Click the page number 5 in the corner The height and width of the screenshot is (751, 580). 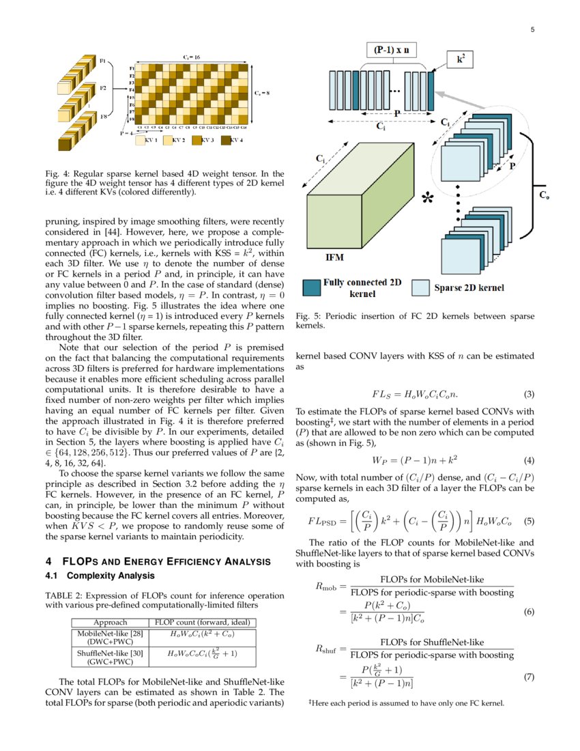[x=532, y=30]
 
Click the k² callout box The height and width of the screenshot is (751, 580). [x=462, y=60]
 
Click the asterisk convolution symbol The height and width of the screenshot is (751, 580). [x=428, y=199]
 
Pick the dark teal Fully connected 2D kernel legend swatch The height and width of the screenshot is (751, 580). [x=311, y=287]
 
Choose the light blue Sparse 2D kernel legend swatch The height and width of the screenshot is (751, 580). [x=422, y=287]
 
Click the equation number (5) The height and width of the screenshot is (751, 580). [x=527, y=521]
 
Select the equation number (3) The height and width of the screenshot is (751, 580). [x=527, y=395]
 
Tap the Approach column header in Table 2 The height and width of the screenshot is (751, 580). [x=110, y=622]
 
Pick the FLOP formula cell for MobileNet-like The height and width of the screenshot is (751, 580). [x=202, y=633]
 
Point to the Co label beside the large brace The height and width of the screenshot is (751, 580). [x=544, y=195]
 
